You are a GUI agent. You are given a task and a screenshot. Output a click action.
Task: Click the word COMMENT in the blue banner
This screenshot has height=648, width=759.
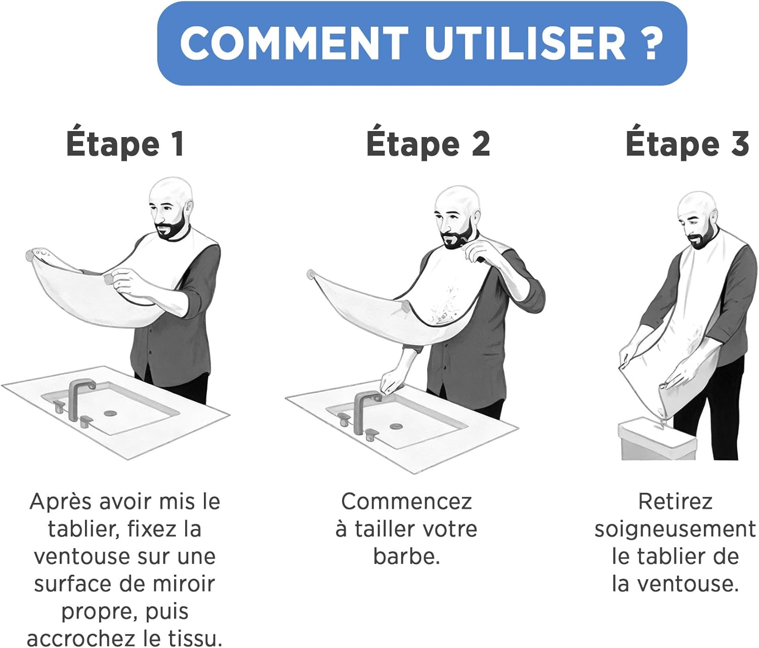293,42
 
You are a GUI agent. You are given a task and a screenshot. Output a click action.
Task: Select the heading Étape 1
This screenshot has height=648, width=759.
124,144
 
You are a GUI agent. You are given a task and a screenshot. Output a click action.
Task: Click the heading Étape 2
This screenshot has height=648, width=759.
428,144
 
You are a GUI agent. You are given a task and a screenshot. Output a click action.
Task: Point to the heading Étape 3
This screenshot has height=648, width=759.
687,144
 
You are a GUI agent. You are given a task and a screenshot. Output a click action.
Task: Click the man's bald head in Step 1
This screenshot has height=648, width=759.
171,192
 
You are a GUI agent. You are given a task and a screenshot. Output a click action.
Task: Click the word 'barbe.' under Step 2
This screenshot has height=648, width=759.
406,556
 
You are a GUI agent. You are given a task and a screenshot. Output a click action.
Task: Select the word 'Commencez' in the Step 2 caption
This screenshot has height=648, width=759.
406,502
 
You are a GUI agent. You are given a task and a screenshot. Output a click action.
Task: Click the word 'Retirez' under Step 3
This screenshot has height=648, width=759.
675,502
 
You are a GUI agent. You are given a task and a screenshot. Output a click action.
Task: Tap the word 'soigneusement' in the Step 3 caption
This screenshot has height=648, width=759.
675,529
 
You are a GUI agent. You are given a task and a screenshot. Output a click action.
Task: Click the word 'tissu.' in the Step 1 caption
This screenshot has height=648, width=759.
195,638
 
